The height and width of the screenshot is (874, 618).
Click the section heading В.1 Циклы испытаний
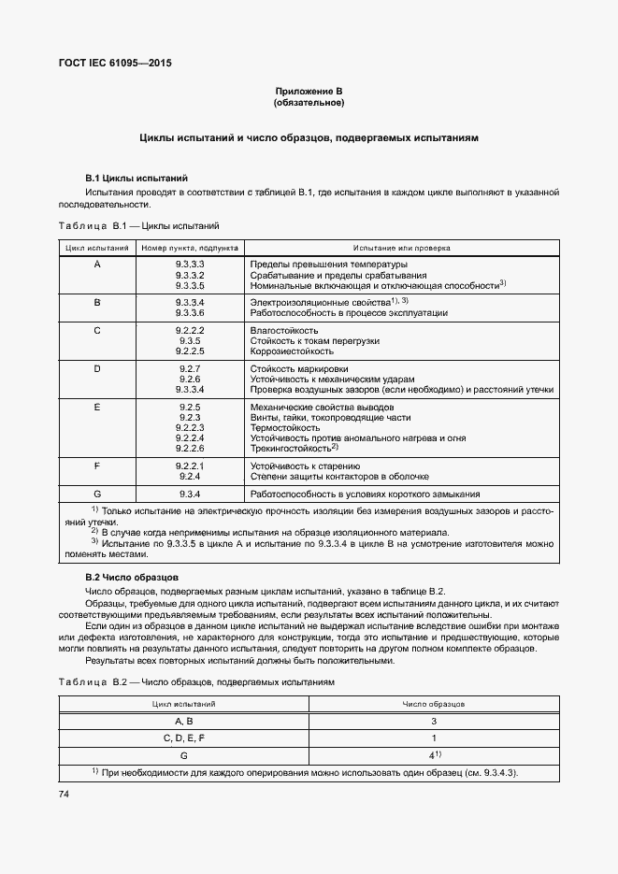coord(137,178)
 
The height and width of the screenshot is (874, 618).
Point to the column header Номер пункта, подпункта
coord(190,249)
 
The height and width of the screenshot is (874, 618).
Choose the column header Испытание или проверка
coord(401,249)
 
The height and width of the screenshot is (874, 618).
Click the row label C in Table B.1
coord(97,330)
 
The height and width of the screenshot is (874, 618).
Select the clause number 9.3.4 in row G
coord(190,494)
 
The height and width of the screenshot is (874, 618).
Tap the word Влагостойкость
coord(284,330)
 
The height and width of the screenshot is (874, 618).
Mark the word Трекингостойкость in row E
coord(291,449)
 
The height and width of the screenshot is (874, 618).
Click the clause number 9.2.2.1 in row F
coord(190,465)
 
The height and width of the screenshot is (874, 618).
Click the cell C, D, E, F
coord(183,738)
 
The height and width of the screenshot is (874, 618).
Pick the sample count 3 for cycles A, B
coord(433,721)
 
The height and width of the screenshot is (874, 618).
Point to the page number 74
coord(65,794)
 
